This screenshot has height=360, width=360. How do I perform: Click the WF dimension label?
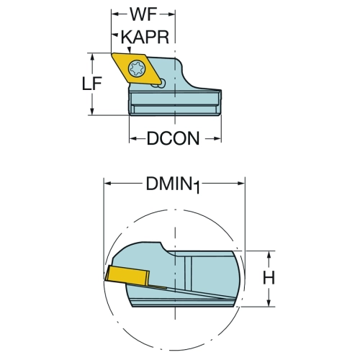click(143, 14)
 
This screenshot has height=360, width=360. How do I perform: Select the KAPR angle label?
click(145, 37)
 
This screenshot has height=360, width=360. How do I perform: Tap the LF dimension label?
click(92, 84)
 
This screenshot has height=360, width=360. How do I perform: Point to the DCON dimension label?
click(173, 138)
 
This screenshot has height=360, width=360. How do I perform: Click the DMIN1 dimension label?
click(173, 184)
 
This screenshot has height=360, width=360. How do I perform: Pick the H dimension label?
click(269, 278)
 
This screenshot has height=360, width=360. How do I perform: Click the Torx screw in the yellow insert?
click(137, 68)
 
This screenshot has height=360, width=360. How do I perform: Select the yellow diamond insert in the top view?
click(136, 68)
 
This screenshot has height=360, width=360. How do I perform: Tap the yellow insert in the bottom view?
click(127, 276)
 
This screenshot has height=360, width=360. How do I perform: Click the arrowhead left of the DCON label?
click(132, 138)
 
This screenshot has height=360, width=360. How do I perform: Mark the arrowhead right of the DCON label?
click(217, 138)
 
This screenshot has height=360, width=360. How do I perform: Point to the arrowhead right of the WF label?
click(171, 14)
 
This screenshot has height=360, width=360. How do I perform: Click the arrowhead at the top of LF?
click(92, 57)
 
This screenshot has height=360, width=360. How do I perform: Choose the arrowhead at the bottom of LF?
click(92, 111)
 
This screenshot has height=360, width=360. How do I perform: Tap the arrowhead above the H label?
click(269, 255)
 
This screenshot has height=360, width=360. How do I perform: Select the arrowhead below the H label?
click(269, 302)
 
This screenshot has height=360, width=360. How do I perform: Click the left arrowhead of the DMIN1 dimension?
click(107, 184)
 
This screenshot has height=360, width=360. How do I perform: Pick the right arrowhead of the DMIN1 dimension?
click(240, 184)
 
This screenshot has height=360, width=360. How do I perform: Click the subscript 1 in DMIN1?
click(197, 188)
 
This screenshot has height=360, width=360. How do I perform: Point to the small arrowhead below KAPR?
click(130, 50)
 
